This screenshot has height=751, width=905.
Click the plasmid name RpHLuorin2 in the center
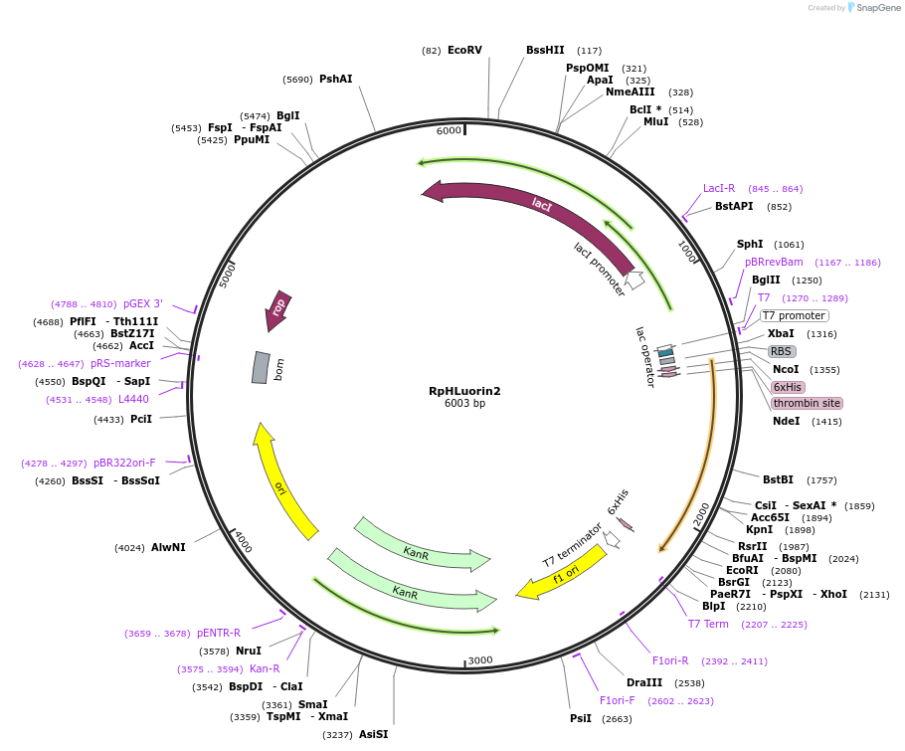(464, 391)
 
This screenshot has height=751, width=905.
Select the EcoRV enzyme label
(464, 50)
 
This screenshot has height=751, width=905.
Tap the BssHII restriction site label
(545, 50)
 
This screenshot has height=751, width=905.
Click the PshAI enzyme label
(336, 79)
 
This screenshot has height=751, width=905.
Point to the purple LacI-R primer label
(719, 188)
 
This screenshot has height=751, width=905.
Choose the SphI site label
(750, 244)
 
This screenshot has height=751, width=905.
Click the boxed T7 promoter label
(795, 315)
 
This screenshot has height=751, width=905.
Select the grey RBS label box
(782, 351)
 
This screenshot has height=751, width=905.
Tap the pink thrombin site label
(807, 403)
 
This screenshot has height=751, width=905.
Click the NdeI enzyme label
(786, 421)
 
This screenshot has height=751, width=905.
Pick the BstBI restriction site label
(778, 479)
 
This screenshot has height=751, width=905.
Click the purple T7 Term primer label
(708, 624)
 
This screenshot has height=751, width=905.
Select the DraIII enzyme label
(644, 682)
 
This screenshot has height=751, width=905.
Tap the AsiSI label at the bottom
(373, 734)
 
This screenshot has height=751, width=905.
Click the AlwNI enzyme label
(168, 547)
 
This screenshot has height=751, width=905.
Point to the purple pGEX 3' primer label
(143, 303)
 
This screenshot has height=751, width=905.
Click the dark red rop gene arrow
(277, 309)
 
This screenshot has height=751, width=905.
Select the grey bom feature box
(261, 367)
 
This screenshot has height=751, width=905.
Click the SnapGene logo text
(878, 7)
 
